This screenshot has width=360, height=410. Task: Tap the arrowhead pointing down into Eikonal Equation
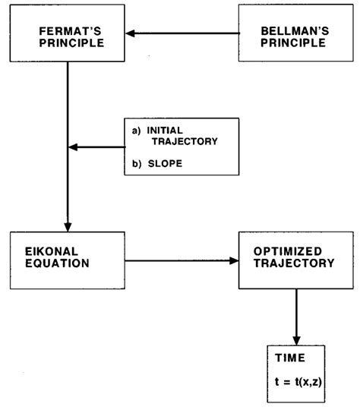(68, 225)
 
